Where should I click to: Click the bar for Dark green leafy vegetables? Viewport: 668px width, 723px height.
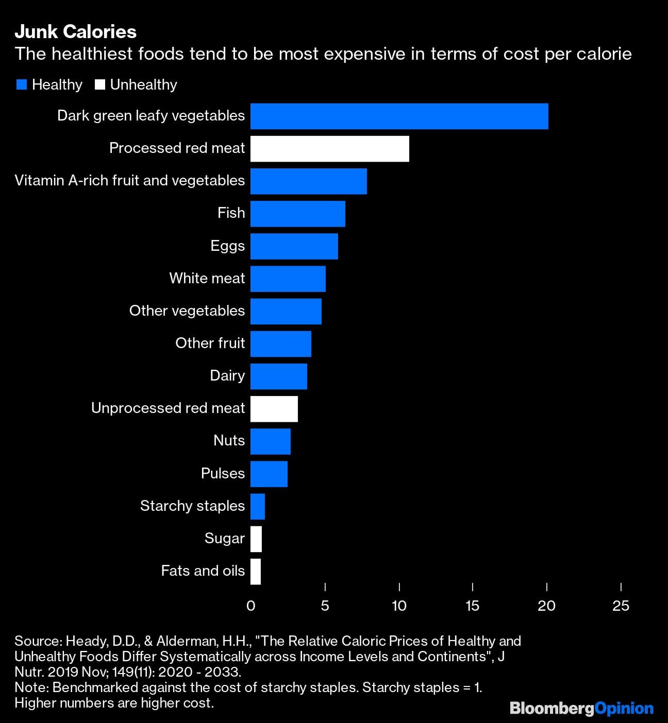399,116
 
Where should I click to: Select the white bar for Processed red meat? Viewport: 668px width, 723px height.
329,149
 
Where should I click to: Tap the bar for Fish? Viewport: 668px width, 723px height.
297,214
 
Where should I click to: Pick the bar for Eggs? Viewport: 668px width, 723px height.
294,246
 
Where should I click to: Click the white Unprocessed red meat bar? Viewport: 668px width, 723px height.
274,409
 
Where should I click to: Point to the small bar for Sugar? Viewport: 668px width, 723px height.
256,539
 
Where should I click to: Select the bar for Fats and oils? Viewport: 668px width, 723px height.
256,571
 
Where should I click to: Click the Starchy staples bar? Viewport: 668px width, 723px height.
257,506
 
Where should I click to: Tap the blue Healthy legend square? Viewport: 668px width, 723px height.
21,85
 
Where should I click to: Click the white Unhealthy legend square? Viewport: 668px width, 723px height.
100,85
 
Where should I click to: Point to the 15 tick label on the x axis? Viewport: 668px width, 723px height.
472,606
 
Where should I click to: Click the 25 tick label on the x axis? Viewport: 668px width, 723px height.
621,606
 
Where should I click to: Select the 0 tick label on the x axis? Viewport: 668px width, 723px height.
251,606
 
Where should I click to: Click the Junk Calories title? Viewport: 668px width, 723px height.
75,32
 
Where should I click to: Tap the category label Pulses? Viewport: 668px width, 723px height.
223,473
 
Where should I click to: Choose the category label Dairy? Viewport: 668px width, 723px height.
227,375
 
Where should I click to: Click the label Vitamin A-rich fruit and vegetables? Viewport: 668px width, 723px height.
129,180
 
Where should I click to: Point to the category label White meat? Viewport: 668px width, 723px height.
207,278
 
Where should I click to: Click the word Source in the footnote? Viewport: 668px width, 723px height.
37,641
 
